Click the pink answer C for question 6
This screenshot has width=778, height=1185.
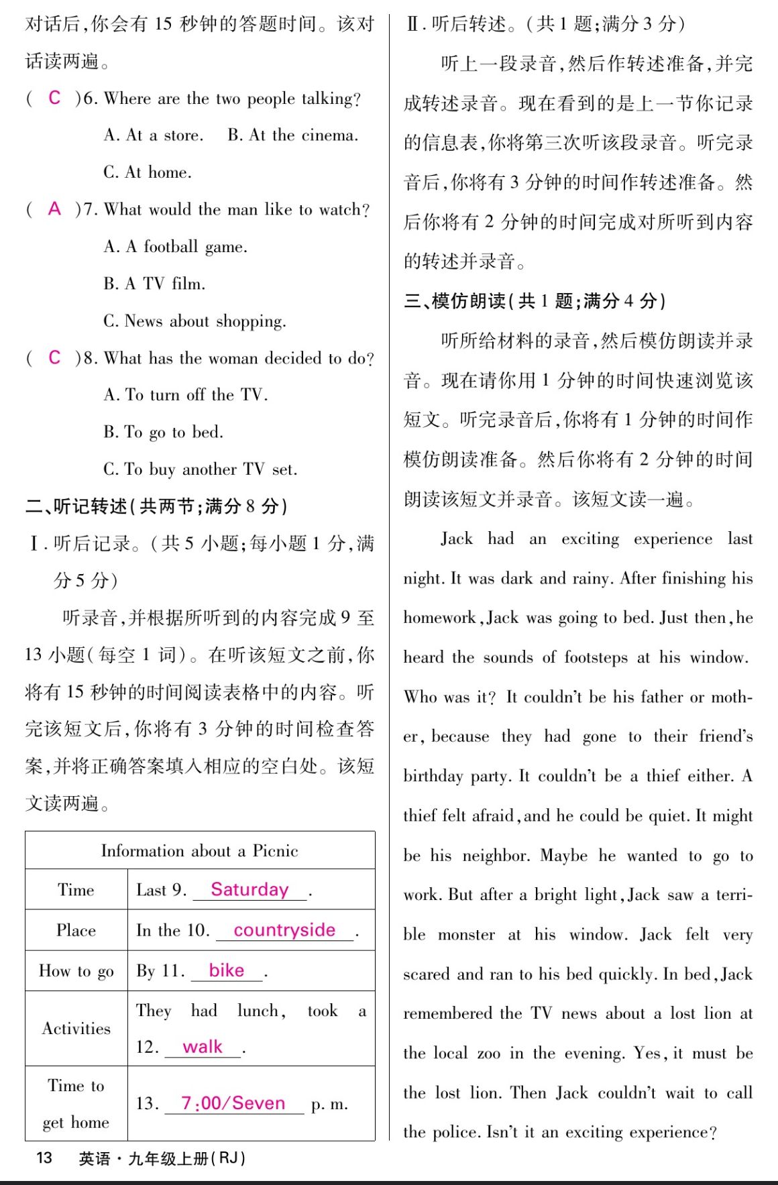[54, 98]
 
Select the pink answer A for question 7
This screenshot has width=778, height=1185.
[54, 209]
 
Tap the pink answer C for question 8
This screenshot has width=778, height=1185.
[54, 357]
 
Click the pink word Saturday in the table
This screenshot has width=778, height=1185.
[249, 890]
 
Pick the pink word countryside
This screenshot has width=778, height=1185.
[284, 930]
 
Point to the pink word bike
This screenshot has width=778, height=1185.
[227, 970]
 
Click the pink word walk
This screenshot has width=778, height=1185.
[202, 1047]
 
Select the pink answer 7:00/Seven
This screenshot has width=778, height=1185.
[233, 1103]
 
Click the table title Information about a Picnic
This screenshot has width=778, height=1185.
[199, 851]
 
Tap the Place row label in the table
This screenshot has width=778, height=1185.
[76, 930]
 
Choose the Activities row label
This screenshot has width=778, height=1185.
[76, 1029]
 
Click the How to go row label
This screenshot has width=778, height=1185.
[76, 971]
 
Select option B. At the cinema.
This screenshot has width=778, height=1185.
[293, 135]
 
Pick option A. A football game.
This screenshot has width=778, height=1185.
[176, 247]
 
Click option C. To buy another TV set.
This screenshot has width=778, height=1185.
[200, 469]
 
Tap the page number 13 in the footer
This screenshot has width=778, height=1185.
[44, 1158]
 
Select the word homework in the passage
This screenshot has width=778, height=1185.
[440, 618]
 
